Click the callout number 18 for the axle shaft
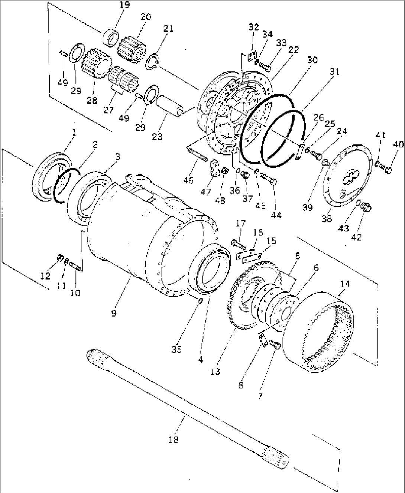click(174, 439)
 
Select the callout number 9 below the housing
click(114, 313)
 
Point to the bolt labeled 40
click(385, 168)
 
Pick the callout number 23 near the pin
click(157, 137)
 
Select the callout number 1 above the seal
click(74, 133)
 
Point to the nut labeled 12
click(60, 258)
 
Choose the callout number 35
click(176, 349)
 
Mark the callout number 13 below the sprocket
click(215, 372)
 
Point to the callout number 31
click(334, 72)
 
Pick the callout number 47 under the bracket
click(206, 192)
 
